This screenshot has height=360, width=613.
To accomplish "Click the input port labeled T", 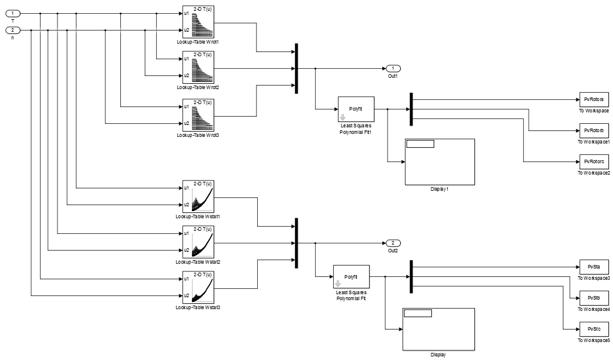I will (x=13, y=13).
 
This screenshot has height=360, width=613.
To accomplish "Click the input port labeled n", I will (x=13, y=29).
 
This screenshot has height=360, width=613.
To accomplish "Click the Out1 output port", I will (x=393, y=68).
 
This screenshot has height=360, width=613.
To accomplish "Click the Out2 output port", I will (x=393, y=243).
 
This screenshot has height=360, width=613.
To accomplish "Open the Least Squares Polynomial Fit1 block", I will (x=356, y=109).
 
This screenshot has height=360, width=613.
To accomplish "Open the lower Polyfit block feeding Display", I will (x=351, y=277).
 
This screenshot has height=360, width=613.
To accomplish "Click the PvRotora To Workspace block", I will (x=593, y=99).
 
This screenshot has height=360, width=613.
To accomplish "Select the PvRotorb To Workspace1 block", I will (x=593, y=130).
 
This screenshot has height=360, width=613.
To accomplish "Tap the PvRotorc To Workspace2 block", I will (x=593, y=161).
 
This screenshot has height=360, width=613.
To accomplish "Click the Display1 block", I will (x=440, y=162).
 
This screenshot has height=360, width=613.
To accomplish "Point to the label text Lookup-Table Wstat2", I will (x=198, y=262).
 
